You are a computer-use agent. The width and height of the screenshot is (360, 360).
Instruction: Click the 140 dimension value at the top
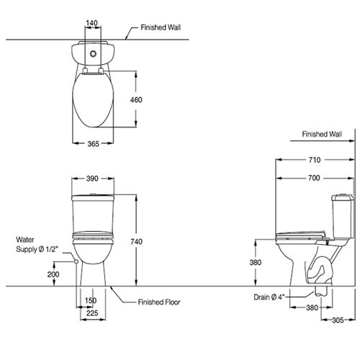coord(92,23)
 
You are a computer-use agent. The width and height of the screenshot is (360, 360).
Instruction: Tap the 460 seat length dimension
coord(136,100)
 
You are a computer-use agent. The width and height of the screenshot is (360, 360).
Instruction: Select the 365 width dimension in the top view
coord(93,144)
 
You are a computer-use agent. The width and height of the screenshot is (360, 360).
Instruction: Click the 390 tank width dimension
coord(92,179)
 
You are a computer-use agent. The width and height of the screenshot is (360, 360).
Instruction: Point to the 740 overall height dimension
coord(136,241)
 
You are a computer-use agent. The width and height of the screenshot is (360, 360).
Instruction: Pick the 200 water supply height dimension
coord(53,274)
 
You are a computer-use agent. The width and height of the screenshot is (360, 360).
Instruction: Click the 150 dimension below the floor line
coord(91,300)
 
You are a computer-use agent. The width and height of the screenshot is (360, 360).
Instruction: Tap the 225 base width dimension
coord(92,313)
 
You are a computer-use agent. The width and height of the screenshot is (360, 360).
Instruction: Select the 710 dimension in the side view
coord(315,160)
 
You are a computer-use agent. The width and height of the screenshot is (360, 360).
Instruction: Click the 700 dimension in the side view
coord(314,178)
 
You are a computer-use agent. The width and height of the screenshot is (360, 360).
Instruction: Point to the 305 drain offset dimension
coord(338,320)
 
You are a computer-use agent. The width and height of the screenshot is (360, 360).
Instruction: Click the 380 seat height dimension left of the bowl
coord(256,262)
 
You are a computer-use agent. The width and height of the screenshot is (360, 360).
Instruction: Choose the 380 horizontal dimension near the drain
coord(312,307)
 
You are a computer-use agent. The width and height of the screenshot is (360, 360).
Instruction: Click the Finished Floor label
coord(159,302)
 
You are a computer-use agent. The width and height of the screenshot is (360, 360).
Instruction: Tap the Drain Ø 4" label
coord(269,297)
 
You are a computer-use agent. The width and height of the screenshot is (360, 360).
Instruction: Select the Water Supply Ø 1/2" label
coord(37,245)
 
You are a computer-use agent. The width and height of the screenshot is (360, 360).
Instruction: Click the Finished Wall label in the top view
coord(161,27)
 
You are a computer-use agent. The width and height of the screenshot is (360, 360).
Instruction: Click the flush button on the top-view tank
coord(93,54)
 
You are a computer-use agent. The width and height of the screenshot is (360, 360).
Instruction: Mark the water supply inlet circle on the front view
coord(76,261)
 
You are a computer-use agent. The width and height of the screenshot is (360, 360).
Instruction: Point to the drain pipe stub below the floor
coord(320,291)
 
